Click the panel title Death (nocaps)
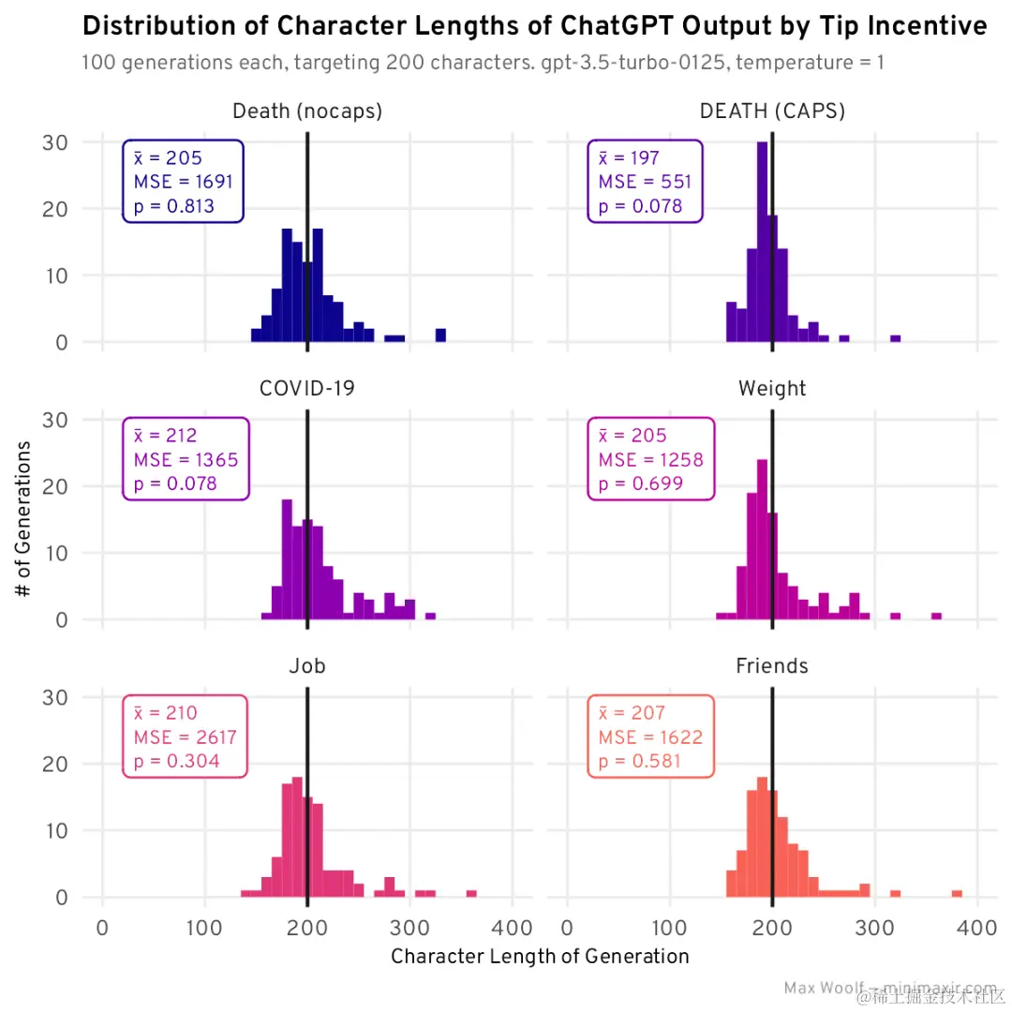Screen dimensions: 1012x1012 [x=306, y=112]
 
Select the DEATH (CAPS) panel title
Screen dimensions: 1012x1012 [x=772, y=112]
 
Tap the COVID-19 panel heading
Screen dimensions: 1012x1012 [x=306, y=388]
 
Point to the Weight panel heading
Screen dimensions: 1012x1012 [x=772, y=388]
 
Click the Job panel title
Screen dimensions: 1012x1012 [x=306, y=665]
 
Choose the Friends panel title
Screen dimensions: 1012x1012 [x=772, y=665]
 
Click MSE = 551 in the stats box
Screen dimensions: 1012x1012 [x=645, y=182]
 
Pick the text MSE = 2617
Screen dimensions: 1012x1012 [x=185, y=737]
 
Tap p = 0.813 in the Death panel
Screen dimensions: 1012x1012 [x=174, y=206]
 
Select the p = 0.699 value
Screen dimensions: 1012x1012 [x=640, y=484]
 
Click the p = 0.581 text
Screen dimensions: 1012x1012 [x=640, y=761]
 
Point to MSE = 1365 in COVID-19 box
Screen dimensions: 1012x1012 [x=186, y=460]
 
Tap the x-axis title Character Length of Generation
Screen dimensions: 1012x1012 [x=540, y=957]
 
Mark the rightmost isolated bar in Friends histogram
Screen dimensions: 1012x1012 [x=957, y=894]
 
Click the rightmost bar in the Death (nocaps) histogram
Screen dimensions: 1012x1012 [x=440, y=335]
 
